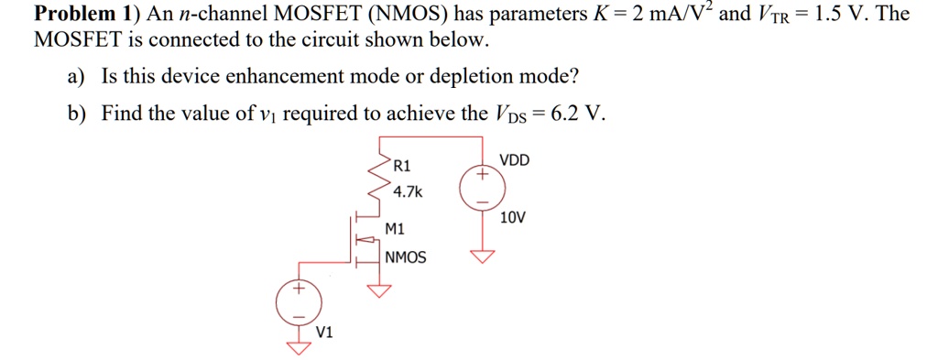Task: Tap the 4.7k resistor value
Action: [407, 191]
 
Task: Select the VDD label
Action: [515, 160]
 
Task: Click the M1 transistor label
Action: [396, 229]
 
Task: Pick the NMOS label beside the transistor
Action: [406, 257]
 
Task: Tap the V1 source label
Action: [324, 332]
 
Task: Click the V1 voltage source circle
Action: [296, 301]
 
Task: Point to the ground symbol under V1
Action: [296, 347]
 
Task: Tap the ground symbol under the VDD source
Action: [482, 256]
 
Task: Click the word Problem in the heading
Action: [70, 14]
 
